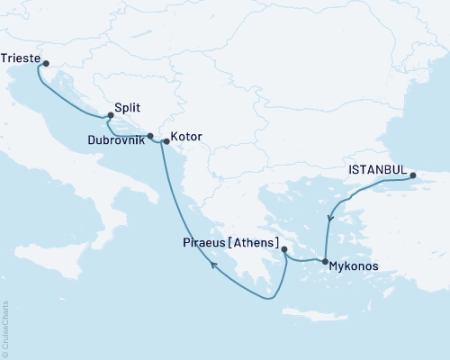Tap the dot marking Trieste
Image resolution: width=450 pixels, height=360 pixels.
46,64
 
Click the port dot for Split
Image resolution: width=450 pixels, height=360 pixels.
111,115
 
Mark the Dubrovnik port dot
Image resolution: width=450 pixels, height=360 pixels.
151,137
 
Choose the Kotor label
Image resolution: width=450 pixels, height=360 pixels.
186,137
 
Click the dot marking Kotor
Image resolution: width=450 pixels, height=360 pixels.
166,141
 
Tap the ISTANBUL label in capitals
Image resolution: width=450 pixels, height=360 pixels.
375,167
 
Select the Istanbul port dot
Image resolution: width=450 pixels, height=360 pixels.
413,176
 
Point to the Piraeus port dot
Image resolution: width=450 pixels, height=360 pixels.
283,250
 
